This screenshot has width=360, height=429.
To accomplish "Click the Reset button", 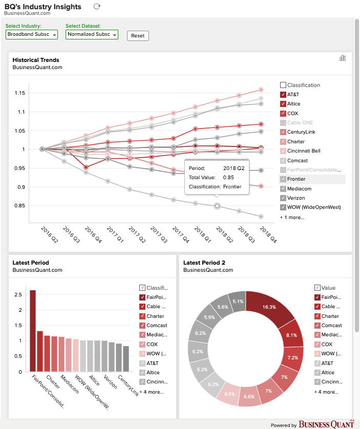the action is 138,35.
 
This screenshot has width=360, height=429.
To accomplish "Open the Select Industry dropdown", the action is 31,34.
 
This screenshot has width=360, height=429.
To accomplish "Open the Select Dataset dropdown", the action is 92,34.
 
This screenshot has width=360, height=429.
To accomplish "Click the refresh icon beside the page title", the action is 97,6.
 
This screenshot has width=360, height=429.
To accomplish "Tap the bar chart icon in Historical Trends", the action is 343,58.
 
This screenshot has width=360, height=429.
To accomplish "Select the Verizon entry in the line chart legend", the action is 296,198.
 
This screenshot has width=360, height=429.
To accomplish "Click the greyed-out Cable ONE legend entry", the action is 300,122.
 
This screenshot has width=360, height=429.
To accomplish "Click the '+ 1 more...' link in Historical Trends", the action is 292,218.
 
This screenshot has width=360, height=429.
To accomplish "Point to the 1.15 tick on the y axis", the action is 19,93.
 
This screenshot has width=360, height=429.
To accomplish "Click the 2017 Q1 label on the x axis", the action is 115,234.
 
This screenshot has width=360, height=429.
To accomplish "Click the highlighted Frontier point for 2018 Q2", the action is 217,206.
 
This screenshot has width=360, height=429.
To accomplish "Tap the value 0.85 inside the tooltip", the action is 228,177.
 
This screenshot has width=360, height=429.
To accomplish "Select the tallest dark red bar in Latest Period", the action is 33,331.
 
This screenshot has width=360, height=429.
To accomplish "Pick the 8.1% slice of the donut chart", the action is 291,335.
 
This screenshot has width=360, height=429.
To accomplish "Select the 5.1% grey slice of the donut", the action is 238,301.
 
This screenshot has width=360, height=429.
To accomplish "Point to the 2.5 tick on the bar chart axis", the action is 18,295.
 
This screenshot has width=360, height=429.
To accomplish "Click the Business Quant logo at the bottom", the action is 326,424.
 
